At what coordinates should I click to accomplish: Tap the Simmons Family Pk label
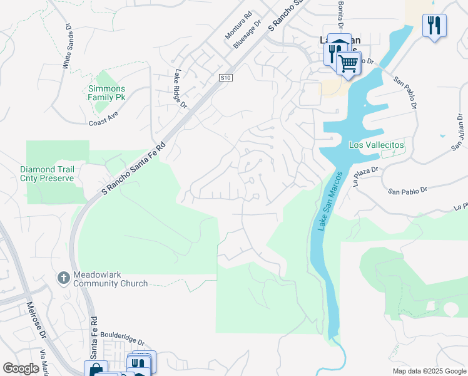(x=106, y=93)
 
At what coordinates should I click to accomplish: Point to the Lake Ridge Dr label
(x=181, y=88)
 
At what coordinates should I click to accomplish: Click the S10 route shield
(x=226, y=78)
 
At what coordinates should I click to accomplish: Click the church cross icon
(x=63, y=277)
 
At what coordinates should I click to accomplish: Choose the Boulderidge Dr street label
(x=125, y=342)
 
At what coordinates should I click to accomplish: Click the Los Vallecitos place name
(x=377, y=145)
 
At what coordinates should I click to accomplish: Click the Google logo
(x=21, y=368)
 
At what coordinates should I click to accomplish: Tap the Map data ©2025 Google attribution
(x=429, y=371)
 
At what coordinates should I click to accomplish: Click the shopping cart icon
(x=348, y=62)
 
